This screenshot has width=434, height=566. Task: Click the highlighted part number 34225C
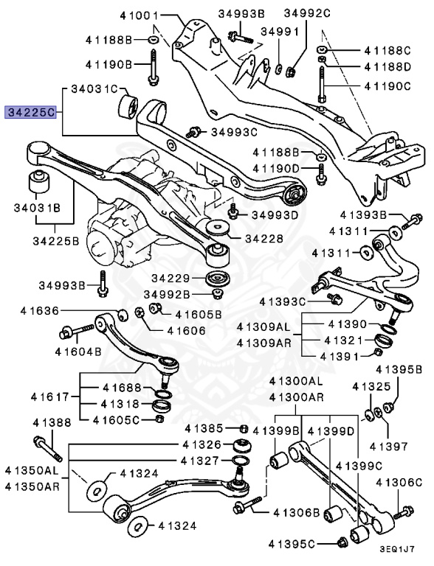point(30,113)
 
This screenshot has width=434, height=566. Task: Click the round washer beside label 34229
point(216,279)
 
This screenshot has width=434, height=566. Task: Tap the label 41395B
point(398,368)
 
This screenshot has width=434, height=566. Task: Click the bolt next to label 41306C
point(404,512)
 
